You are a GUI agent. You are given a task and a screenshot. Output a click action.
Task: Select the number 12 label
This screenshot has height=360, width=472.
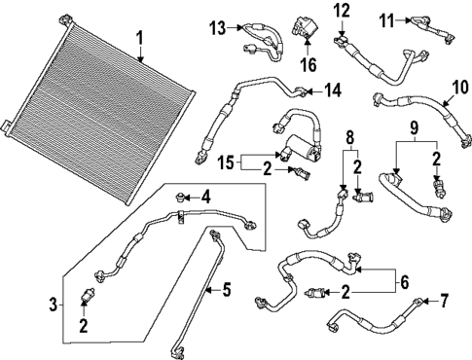coord(341,11)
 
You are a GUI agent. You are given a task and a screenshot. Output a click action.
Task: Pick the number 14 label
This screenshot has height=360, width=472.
coord(333,90)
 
